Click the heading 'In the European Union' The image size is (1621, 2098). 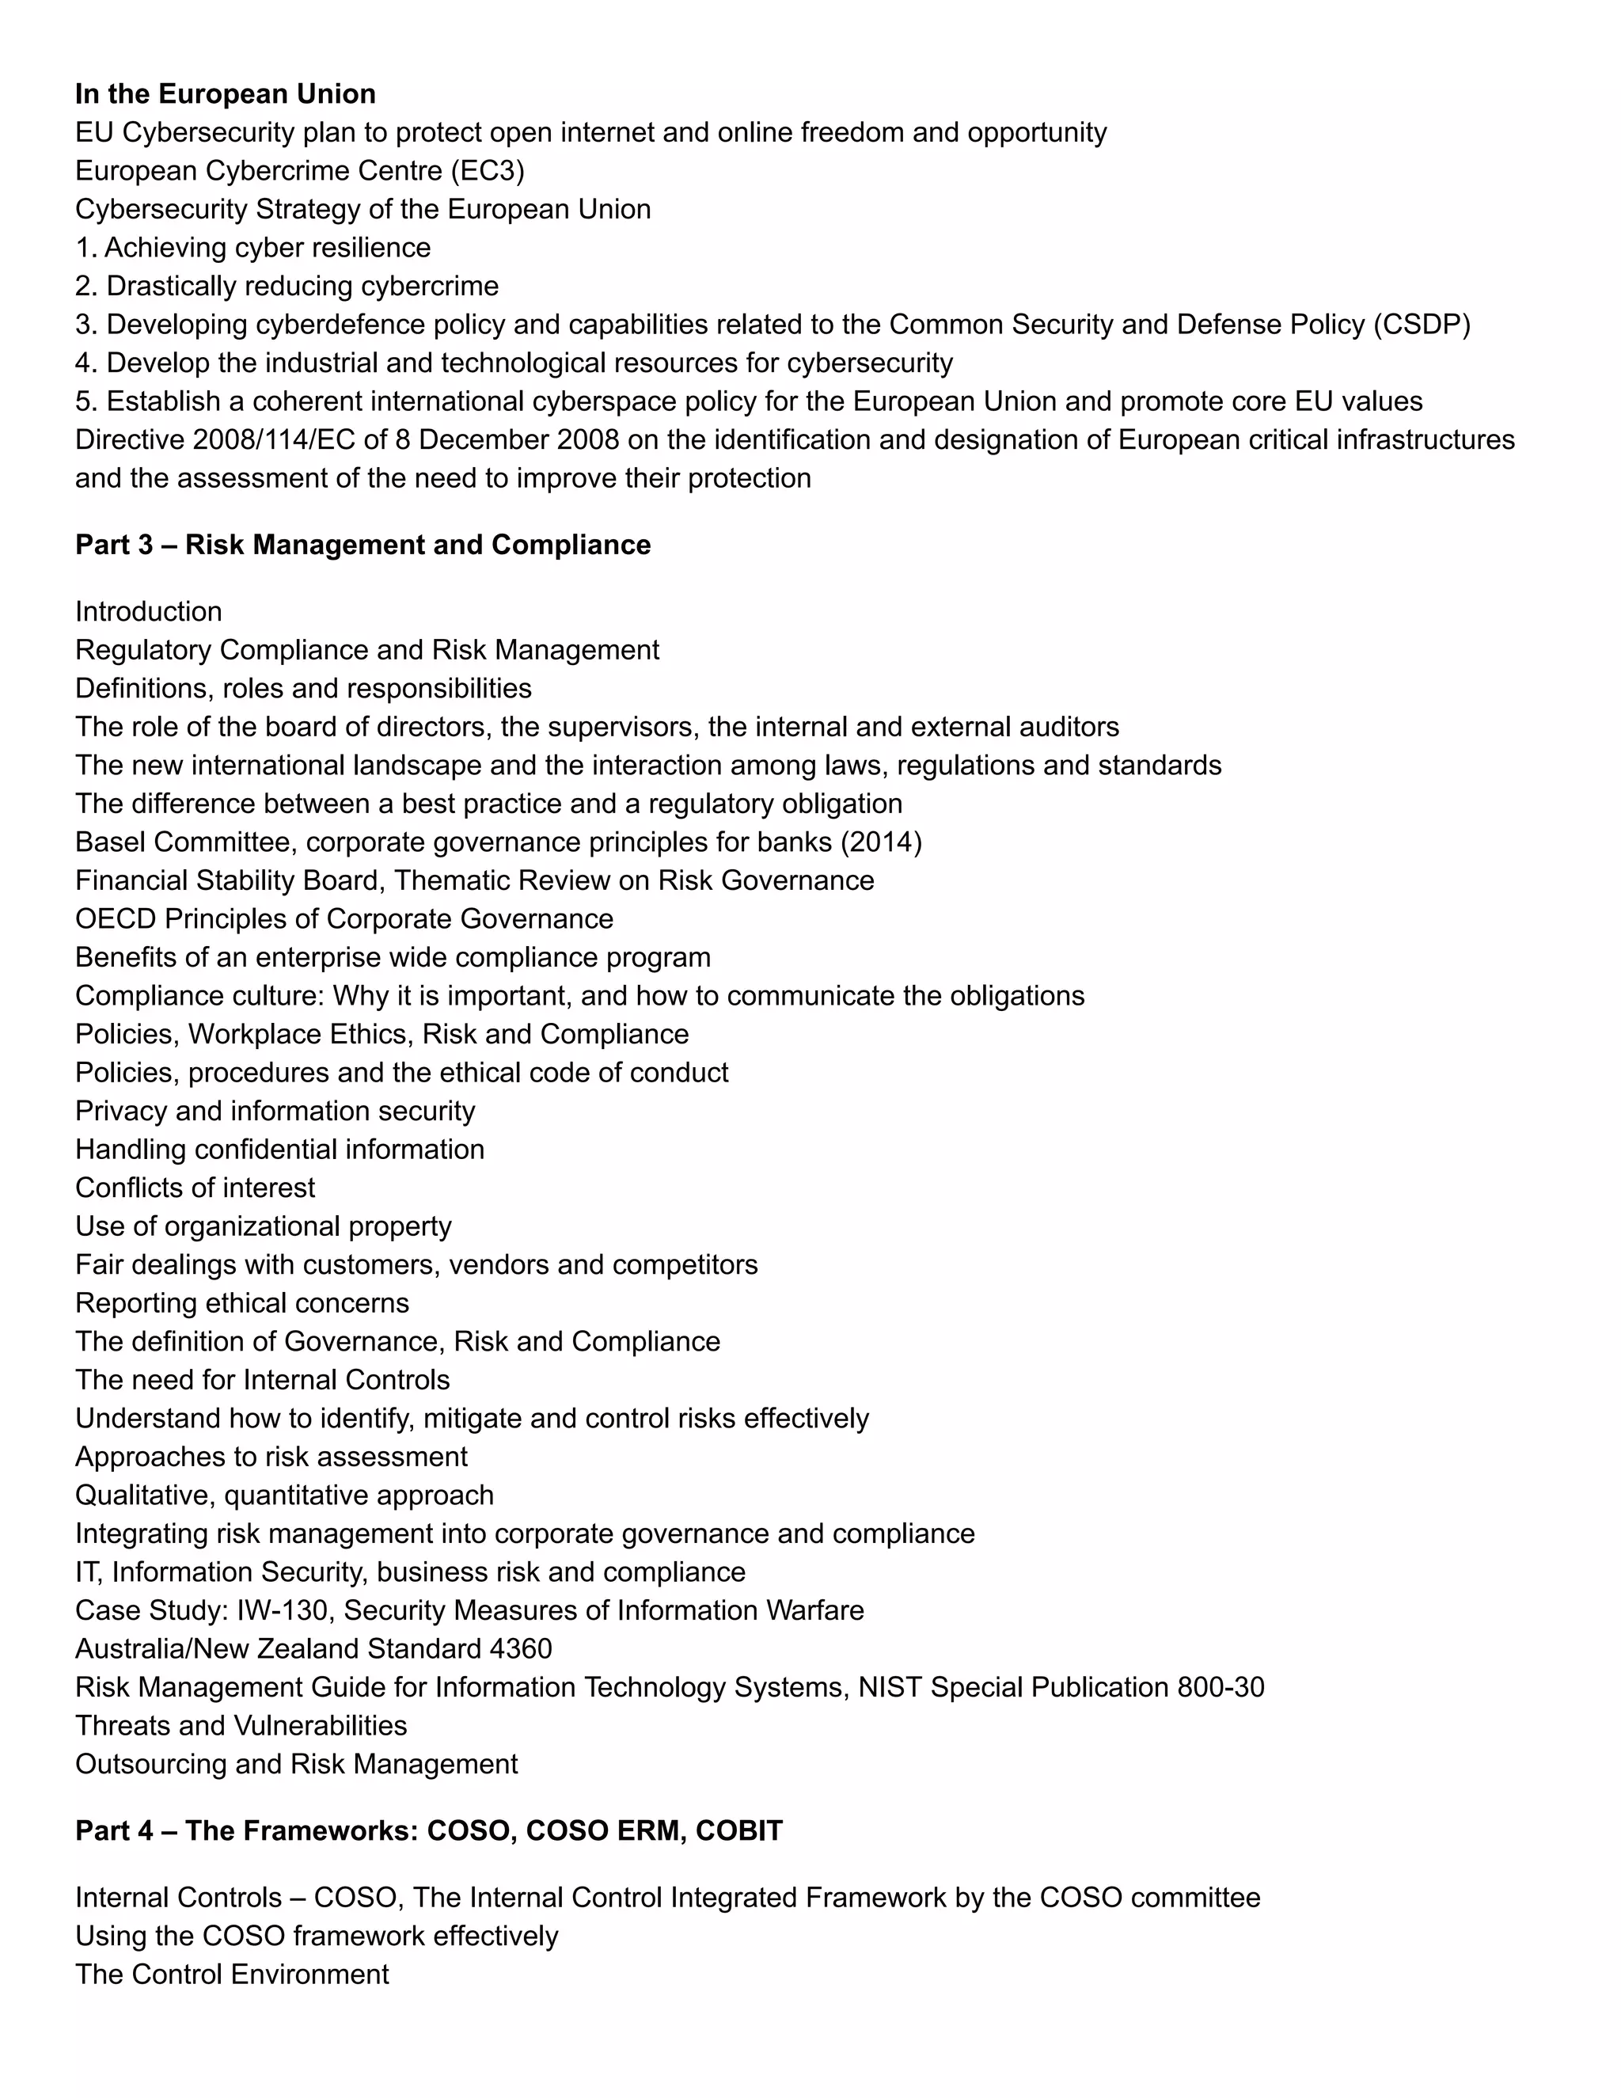coord(225,94)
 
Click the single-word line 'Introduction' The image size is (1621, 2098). coord(148,612)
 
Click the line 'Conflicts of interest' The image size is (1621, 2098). coord(195,1188)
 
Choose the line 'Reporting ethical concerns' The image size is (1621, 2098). coord(242,1304)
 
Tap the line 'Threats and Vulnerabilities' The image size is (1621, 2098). coord(241,1726)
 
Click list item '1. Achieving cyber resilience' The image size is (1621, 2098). coord(252,248)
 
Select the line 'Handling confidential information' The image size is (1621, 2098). coord(279,1150)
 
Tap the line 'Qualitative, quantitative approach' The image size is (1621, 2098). coord(284,1496)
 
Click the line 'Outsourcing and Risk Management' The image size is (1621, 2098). coord(296,1765)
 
